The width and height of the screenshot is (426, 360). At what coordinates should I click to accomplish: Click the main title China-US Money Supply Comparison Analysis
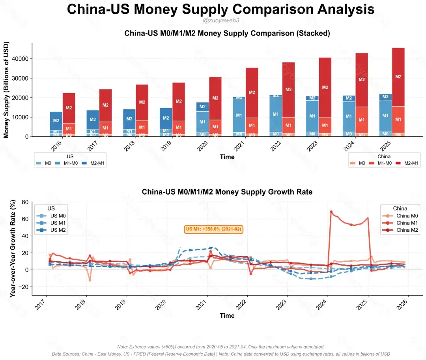220,9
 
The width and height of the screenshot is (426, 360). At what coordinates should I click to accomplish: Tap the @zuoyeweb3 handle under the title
220,20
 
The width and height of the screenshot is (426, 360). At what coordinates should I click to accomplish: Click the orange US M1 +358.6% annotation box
214,229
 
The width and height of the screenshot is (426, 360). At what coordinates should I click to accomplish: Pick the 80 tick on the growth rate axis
24,202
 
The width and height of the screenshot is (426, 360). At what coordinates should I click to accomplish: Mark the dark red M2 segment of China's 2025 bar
398,77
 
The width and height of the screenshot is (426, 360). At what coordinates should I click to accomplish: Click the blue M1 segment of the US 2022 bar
276,114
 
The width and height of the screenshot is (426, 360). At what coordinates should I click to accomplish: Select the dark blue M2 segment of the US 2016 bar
56,120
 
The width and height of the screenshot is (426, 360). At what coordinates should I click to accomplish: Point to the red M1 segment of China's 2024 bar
361,120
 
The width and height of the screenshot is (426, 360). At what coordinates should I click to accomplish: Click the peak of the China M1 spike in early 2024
331,212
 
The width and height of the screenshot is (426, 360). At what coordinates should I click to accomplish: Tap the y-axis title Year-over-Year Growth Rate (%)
13,248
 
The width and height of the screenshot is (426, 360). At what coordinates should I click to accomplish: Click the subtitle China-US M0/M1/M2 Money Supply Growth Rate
227,192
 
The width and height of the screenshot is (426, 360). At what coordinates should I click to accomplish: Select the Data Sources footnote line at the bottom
220,354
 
